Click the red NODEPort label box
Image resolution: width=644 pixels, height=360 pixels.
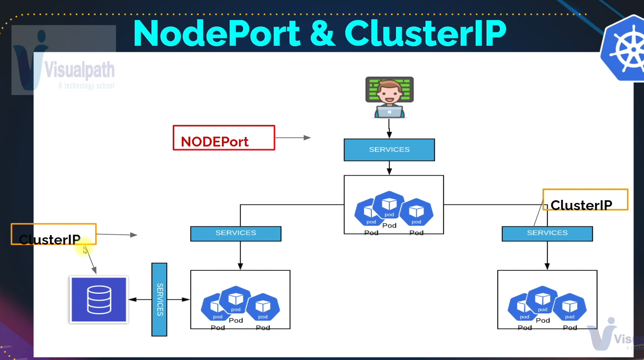224,138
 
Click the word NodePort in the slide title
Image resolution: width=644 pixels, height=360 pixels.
217,34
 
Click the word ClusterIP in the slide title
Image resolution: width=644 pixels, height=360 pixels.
425,34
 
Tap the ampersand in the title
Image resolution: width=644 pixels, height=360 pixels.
322,34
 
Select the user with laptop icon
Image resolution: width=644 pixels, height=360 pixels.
389,98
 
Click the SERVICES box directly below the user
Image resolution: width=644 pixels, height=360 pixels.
389,150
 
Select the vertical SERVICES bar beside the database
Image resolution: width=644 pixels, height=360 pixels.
159,299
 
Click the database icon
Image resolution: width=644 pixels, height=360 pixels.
99,299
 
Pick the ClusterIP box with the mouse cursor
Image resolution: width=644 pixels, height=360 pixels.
53,234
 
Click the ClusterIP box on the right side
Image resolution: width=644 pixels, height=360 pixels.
585,199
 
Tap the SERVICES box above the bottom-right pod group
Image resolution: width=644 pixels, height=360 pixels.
547,234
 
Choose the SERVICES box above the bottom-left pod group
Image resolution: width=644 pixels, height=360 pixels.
236,234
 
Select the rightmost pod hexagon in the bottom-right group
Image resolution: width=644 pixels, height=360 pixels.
570,307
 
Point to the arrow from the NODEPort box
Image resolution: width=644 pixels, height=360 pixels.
292,138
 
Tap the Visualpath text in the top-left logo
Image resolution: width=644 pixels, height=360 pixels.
80,70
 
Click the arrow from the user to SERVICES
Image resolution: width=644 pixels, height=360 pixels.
389,129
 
